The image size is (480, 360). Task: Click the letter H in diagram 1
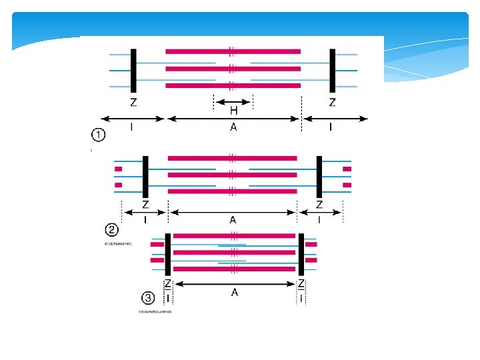pos(233,111)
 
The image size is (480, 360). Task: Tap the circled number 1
pos(98,135)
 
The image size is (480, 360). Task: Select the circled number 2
pos(112,230)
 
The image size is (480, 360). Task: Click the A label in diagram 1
pos(233,128)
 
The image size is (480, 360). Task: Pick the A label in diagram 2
pos(233,220)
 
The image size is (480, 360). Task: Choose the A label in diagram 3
pos(234,292)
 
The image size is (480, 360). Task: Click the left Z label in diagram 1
pos(134,103)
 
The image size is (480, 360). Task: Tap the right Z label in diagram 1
pos(332,103)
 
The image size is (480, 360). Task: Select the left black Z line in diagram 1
pos(134,70)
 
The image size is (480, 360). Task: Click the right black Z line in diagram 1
pos(332,70)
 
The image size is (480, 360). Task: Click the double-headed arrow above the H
pos(233,101)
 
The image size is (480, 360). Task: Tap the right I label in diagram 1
pos(331,128)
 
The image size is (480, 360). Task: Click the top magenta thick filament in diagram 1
pos(233,51)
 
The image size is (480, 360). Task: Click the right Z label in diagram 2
pos(319,205)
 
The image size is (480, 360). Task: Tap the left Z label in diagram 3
pos(167,284)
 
